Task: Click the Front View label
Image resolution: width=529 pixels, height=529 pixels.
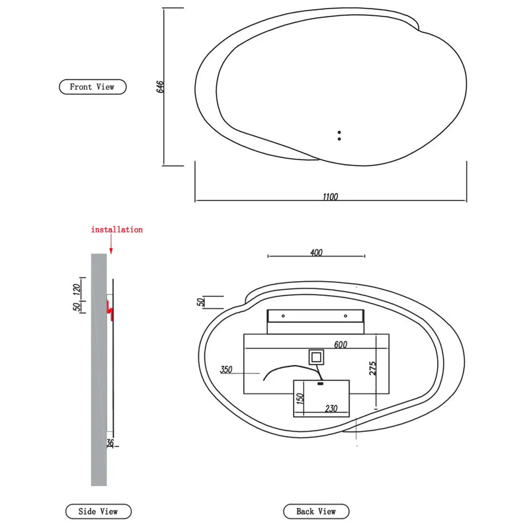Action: point(92,87)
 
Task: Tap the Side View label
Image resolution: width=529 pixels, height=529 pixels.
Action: point(98,511)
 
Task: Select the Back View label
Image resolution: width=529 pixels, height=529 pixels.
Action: point(316,511)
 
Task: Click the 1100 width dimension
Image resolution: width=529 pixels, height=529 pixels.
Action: point(330,196)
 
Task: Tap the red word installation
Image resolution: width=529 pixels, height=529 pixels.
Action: point(116,229)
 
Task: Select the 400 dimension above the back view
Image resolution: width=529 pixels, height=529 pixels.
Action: point(315,252)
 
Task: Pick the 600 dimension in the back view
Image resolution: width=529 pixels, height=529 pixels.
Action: point(341,345)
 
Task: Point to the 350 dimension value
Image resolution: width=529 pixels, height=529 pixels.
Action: point(226,370)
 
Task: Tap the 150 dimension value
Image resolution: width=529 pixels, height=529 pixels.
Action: point(300,399)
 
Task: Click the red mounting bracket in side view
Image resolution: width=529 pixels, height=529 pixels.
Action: point(112,309)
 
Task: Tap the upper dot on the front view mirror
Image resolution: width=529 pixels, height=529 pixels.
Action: point(339,132)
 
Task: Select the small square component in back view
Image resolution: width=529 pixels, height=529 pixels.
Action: point(316,358)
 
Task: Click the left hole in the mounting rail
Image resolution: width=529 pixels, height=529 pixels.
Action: point(283,316)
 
